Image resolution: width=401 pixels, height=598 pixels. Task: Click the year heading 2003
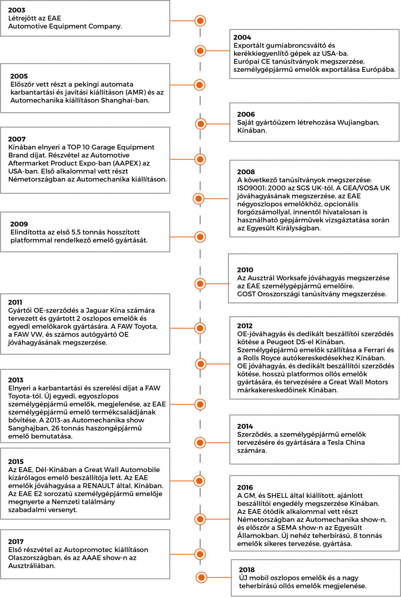(x=17, y=10)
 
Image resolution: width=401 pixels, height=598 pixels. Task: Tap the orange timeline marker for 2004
(x=200, y=50)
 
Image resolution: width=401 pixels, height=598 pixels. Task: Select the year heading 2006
(x=246, y=114)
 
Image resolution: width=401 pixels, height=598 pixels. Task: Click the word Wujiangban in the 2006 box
(x=358, y=123)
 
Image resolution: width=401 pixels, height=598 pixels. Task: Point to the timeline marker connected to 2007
(x=200, y=160)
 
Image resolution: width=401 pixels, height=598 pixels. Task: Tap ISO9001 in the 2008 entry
(x=251, y=188)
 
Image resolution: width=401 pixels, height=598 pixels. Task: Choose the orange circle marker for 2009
(x=200, y=237)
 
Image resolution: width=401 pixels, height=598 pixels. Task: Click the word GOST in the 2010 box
(x=247, y=294)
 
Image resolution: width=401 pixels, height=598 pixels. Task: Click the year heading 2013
(x=16, y=380)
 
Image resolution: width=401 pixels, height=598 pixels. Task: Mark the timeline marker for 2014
(x=200, y=443)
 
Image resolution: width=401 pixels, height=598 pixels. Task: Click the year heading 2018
(x=247, y=570)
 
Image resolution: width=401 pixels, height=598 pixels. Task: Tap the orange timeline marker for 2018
(x=201, y=577)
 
